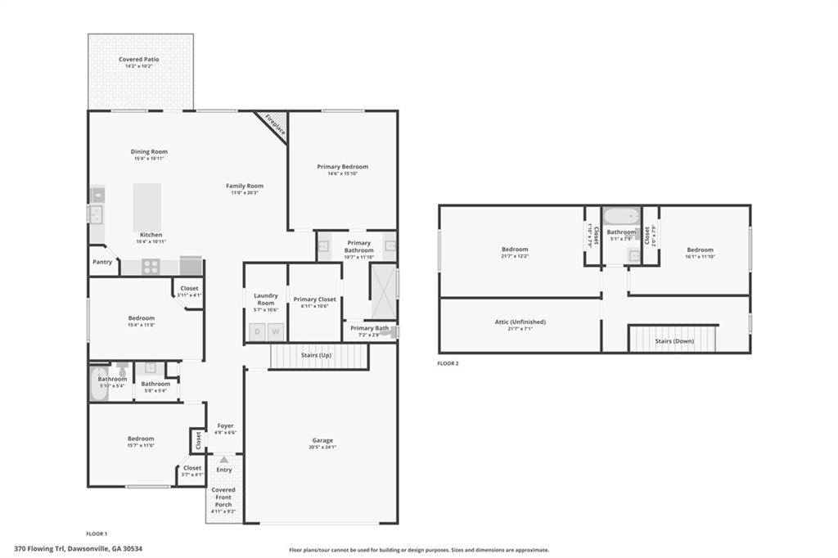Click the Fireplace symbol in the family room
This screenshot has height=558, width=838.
coord(275,124)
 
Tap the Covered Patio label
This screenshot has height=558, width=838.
coord(140,60)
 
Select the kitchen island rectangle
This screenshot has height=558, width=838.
coord(146,207)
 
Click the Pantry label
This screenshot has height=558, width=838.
coord(102,262)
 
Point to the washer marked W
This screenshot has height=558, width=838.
coord(276,331)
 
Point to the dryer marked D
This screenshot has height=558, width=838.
coord(258,331)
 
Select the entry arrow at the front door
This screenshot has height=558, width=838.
coord(223,460)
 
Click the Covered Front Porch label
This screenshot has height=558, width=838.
coord(223,497)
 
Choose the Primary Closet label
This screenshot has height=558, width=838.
coord(316,299)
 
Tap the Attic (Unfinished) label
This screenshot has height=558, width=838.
coord(520,322)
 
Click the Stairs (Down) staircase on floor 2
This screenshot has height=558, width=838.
coord(672,338)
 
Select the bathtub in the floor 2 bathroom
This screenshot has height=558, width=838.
coord(621,218)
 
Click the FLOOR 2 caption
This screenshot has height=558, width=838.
coord(448,363)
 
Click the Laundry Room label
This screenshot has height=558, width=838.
coord(266,299)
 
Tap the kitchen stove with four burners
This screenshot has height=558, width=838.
coord(151,266)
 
